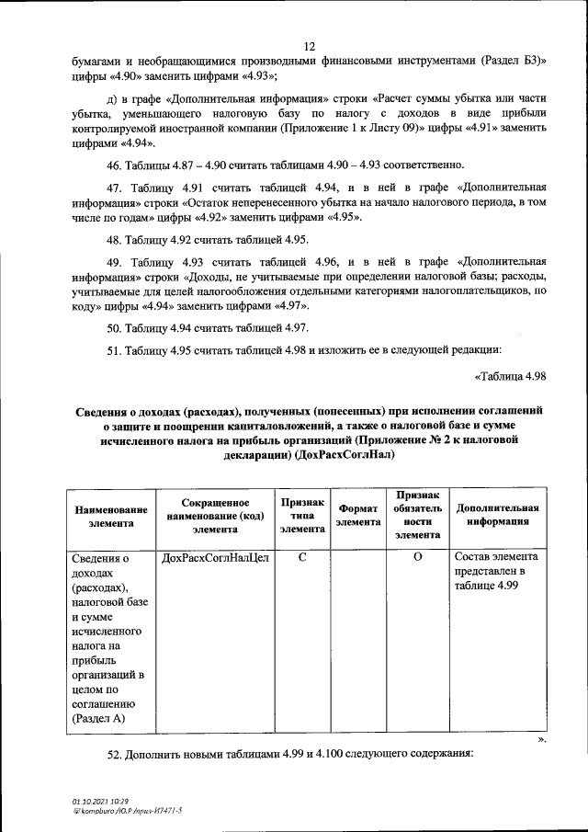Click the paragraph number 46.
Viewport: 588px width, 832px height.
(116, 166)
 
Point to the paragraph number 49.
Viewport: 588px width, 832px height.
(116, 261)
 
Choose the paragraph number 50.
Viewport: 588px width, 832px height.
(116, 327)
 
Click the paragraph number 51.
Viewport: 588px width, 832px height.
(116, 349)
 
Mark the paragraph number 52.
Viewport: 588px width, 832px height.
(116, 753)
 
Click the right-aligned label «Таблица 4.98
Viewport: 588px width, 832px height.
(511, 376)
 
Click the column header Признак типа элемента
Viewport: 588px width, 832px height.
(302, 516)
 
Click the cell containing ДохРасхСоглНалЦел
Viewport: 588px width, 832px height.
(215, 558)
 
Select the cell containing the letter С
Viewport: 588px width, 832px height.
(302, 557)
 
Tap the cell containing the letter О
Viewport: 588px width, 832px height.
(417, 557)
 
